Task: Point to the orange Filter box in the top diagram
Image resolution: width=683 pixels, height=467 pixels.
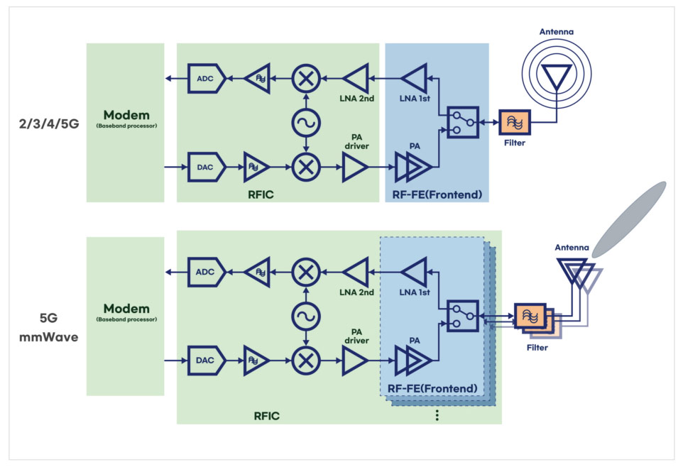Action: [514, 123]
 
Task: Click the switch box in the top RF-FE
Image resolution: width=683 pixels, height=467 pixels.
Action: [464, 123]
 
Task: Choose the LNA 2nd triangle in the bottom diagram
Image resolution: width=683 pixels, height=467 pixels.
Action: [356, 272]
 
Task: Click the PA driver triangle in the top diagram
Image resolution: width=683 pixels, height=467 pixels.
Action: [355, 168]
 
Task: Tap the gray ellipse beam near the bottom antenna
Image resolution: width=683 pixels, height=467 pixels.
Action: [629, 219]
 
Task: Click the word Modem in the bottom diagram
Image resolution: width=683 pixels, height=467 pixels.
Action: [125, 309]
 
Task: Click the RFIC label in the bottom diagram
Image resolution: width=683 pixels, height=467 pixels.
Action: [266, 415]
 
